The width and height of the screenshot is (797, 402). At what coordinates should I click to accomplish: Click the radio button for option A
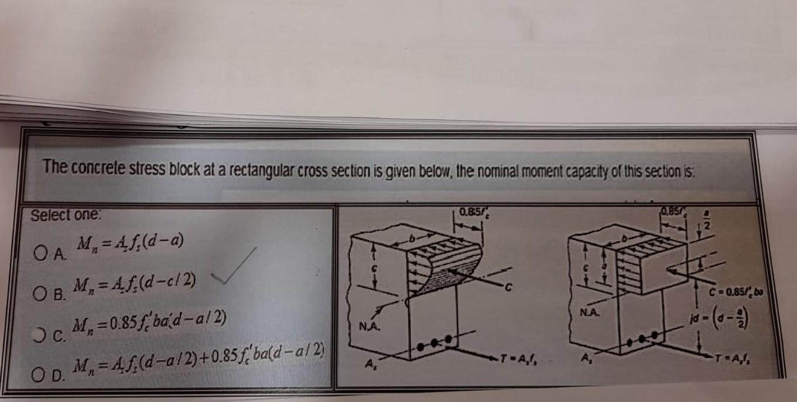39,253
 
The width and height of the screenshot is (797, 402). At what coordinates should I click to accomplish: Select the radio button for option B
39,291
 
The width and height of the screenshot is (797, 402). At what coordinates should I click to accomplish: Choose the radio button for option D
39,372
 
